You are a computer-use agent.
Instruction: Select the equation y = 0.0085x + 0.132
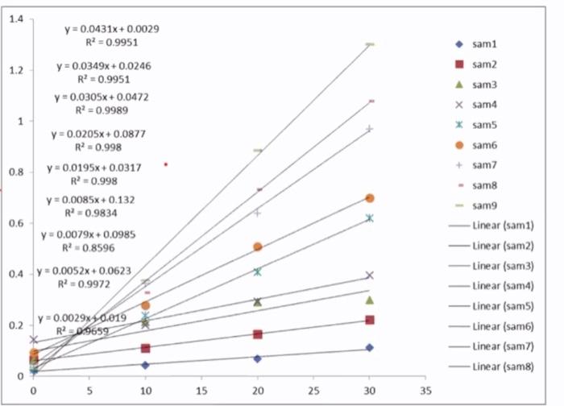pyautogui.click(x=90, y=199)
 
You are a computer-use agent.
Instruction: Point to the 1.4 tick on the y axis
pyautogui.click(x=16, y=19)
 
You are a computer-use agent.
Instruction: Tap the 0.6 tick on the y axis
pyautogui.click(x=16, y=223)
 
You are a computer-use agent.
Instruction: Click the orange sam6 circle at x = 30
pyautogui.click(x=370, y=198)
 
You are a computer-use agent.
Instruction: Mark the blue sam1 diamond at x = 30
pyautogui.click(x=370, y=347)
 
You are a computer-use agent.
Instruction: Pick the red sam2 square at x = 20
pyautogui.click(x=257, y=333)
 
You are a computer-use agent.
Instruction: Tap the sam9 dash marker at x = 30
pyautogui.click(x=370, y=44)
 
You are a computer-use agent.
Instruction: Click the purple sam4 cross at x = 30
pyautogui.click(x=370, y=275)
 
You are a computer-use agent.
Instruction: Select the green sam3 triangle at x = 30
pyautogui.click(x=370, y=300)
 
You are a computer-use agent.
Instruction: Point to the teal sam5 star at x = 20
pyautogui.click(x=258, y=271)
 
